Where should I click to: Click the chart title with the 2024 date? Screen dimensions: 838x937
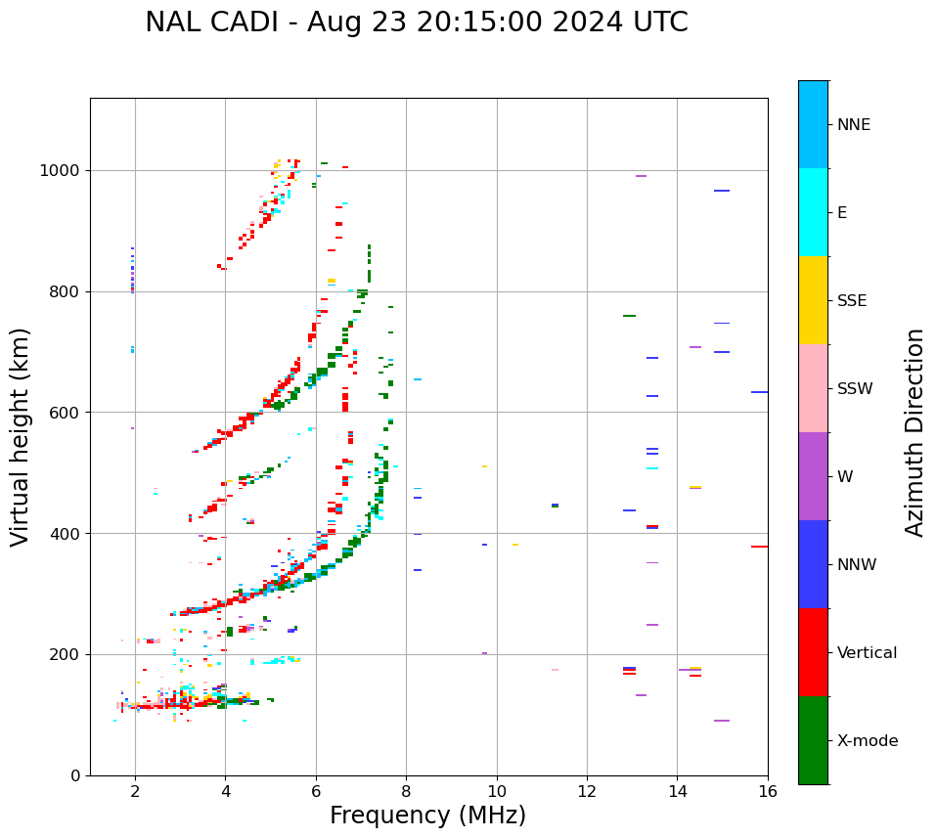tap(417, 22)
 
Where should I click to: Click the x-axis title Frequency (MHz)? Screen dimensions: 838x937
tap(427, 816)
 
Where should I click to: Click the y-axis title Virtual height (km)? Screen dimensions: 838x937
tap(21, 437)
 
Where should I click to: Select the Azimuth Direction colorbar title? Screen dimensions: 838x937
tap(915, 432)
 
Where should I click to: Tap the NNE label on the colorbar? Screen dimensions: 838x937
tap(854, 125)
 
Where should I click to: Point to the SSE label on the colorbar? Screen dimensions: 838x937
tap(852, 301)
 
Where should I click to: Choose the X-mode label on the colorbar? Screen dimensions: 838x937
tap(868, 741)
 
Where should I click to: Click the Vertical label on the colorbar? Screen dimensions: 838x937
tap(868, 653)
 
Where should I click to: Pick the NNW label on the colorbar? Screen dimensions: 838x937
tap(857, 565)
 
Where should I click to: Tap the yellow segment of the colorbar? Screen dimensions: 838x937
tap(813, 300)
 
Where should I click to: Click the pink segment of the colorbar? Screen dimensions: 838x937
tap(813, 388)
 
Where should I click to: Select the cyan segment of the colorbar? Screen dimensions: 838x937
tap(813, 212)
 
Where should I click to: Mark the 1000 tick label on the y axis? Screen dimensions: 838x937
tap(60, 171)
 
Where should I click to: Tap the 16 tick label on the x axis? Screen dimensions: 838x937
tap(768, 791)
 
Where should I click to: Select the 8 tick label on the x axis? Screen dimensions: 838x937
tap(406, 791)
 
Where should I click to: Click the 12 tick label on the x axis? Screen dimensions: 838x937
tap(587, 791)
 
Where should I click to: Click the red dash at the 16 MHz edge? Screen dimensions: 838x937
tap(759, 547)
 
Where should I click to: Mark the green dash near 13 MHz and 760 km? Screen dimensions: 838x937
tap(629, 316)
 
